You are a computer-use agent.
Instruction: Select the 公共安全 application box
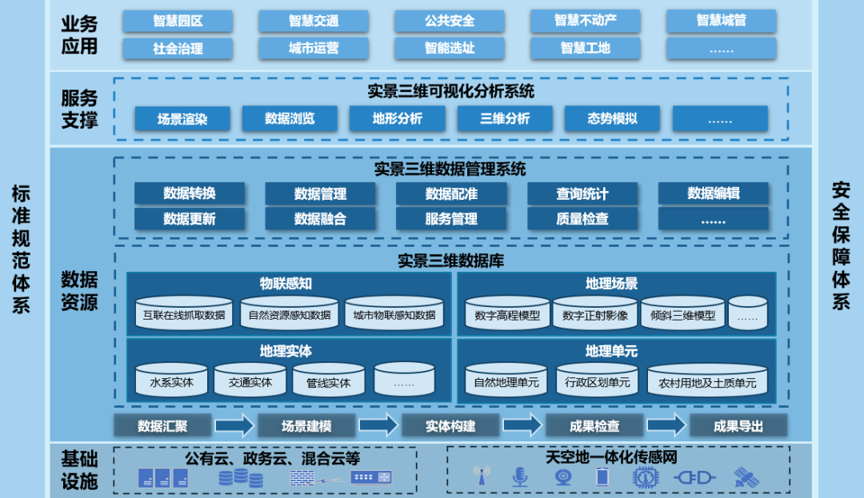tap(450, 21)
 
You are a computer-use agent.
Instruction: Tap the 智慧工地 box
tap(585, 48)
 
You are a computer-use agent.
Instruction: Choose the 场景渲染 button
tap(182, 119)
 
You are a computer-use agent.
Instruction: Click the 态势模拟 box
tap(612, 119)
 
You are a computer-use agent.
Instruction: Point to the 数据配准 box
tap(451, 193)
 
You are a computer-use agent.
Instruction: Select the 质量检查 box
tap(582, 218)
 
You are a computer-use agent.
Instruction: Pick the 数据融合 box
tap(320, 218)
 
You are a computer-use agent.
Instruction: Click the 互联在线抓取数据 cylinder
tap(184, 314)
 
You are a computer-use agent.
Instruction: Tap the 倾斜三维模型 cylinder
tap(683, 314)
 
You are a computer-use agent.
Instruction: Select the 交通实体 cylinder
tap(250, 381)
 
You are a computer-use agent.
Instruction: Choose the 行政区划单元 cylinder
tap(597, 382)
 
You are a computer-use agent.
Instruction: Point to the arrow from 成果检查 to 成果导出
tap(666, 425)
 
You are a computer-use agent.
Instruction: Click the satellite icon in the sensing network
tap(746, 478)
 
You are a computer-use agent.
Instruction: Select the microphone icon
tap(520, 477)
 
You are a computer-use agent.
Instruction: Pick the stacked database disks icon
tap(240, 478)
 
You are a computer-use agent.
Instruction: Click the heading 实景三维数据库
tap(451, 261)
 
